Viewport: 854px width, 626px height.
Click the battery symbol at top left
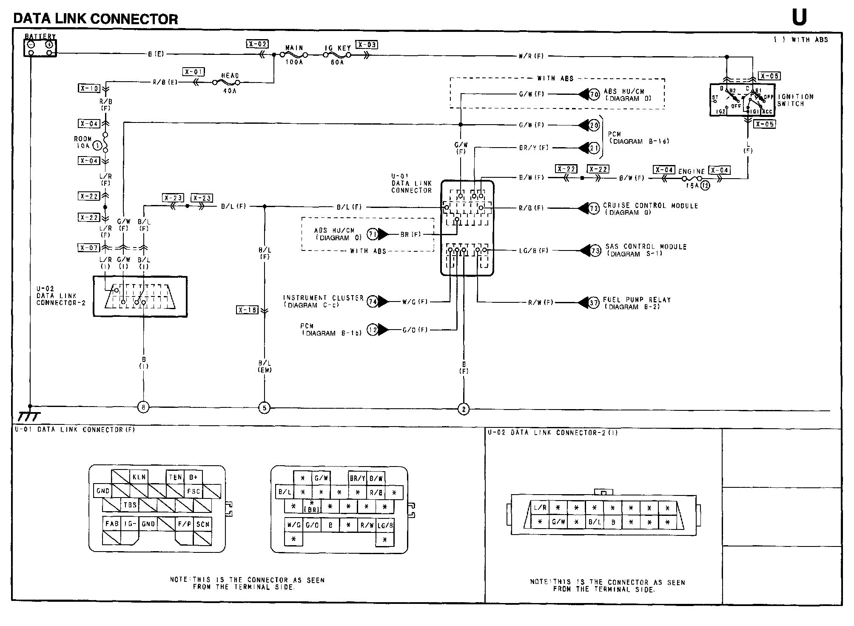40,48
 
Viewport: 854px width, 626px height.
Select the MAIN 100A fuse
294,55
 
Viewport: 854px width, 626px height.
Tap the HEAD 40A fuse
229,82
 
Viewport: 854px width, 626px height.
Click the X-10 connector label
89,88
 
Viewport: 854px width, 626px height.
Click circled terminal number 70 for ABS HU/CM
594,94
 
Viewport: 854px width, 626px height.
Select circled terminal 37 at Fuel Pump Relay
594,302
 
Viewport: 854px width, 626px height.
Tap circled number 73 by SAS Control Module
595,250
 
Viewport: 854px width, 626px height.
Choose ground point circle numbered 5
264,408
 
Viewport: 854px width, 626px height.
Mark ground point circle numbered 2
463,409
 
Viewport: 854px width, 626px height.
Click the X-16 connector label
247,310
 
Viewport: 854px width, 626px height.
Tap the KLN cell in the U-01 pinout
139,477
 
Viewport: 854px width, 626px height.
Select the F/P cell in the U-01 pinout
185,524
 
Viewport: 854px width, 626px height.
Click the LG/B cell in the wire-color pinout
385,525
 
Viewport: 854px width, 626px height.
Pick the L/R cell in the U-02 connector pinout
540,508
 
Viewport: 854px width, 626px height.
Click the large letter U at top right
799,17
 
